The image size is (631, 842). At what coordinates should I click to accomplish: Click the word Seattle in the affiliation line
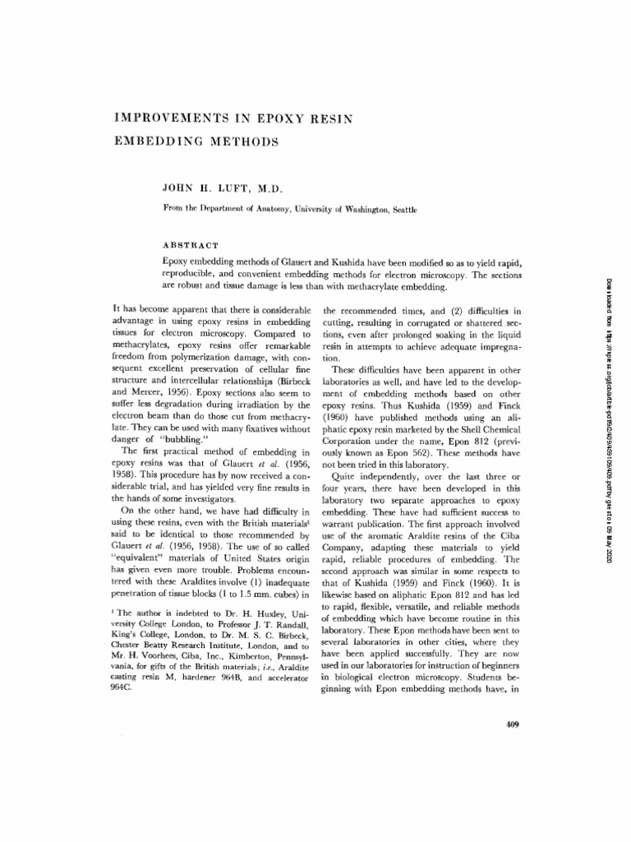tap(402, 210)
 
